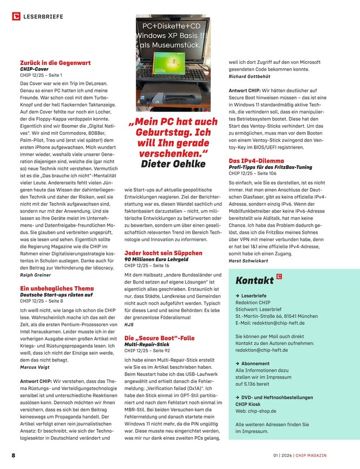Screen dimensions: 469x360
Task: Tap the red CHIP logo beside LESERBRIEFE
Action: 16,17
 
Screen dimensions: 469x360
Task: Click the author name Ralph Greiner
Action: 36,274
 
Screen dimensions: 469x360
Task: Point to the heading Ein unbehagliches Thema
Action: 56,288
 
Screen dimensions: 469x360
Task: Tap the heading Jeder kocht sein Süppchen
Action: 163,253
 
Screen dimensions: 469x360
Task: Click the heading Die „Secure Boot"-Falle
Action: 159,338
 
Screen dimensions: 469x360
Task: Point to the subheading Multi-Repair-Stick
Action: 146,344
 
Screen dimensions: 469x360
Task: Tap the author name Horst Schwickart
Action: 250,261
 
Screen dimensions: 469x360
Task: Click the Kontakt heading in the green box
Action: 255,280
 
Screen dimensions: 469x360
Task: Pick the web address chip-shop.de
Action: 263,411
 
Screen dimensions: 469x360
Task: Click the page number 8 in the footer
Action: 13,456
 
